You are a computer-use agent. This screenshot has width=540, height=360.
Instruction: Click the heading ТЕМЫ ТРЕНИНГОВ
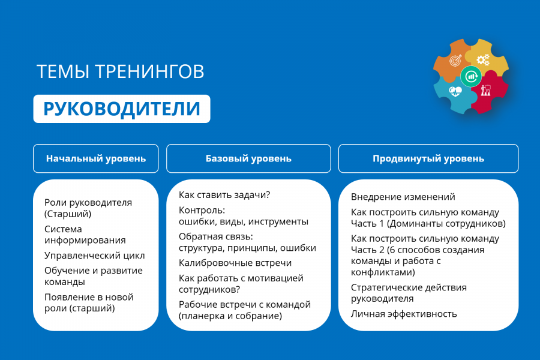pyautogui.click(x=120, y=71)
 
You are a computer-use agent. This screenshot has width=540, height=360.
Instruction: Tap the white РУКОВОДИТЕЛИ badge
pyautogui.click(x=122, y=109)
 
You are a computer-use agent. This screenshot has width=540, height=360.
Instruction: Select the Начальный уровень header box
pyautogui.click(x=96, y=158)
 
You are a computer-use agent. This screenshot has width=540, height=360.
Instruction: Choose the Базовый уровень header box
pyautogui.click(x=248, y=158)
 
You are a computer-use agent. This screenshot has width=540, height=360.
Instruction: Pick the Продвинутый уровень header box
pyautogui.click(x=428, y=158)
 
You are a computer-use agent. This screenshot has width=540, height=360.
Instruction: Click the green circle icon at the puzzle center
pyautogui.click(x=471, y=76)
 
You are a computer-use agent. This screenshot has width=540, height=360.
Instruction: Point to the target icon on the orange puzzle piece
pyautogui.click(x=455, y=60)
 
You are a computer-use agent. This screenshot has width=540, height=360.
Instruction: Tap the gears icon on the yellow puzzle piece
pyautogui.click(x=483, y=59)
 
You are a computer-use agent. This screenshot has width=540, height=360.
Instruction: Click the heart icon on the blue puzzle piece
pyautogui.click(x=455, y=92)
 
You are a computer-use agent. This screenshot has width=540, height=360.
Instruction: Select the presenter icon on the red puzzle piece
pyautogui.click(x=485, y=90)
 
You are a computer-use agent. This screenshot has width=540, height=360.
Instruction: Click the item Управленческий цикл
pyautogui.click(x=94, y=256)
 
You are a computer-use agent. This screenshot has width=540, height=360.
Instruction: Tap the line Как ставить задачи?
pyautogui.click(x=224, y=195)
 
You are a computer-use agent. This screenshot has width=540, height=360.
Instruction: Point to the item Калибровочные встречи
pyautogui.click(x=235, y=263)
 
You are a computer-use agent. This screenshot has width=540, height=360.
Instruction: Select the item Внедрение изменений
pyautogui.click(x=403, y=197)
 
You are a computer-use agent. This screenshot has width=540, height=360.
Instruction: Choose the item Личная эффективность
pyautogui.click(x=404, y=314)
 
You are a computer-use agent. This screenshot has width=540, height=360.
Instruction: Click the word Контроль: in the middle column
pyautogui.click(x=202, y=210)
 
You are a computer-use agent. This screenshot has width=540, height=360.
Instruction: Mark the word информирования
pyautogui.click(x=85, y=241)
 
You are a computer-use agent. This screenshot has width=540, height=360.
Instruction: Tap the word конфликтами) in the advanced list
pyautogui.click(x=383, y=272)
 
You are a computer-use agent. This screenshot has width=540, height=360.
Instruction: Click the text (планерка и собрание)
pyautogui.click(x=230, y=316)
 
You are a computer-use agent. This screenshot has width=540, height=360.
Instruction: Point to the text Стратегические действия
pyautogui.click(x=409, y=287)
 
